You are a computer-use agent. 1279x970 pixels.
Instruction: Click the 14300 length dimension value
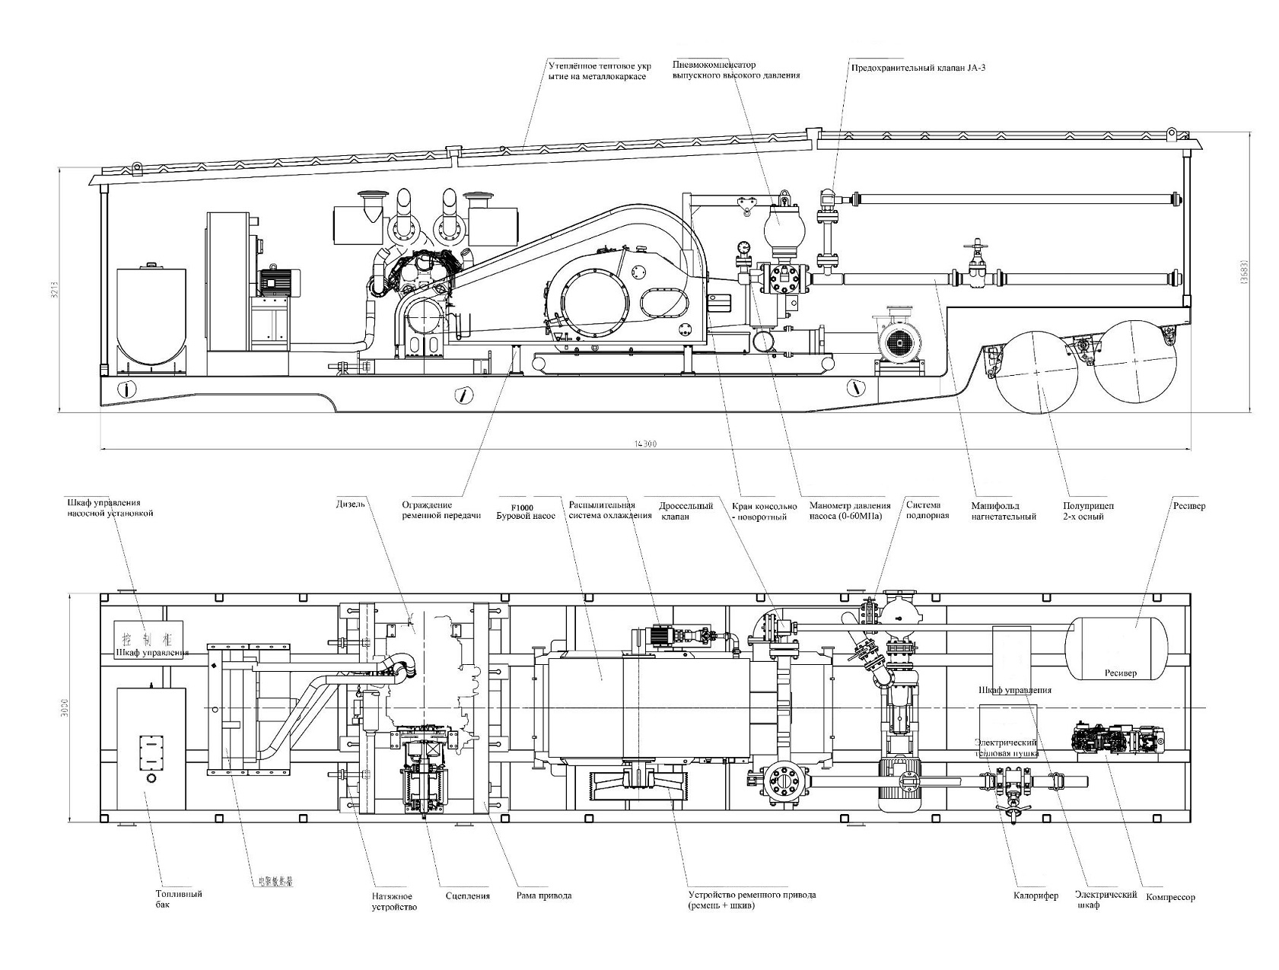point(645,444)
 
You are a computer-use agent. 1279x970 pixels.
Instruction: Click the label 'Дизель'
point(351,504)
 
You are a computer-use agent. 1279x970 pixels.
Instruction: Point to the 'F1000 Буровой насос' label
point(525,510)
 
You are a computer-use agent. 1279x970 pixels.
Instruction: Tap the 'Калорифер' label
point(1036,895)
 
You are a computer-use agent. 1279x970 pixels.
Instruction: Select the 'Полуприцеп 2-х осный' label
point(1083,511)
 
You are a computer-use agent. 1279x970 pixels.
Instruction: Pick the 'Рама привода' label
point(543,895)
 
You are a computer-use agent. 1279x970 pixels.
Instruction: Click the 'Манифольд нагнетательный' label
point(1004,510)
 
